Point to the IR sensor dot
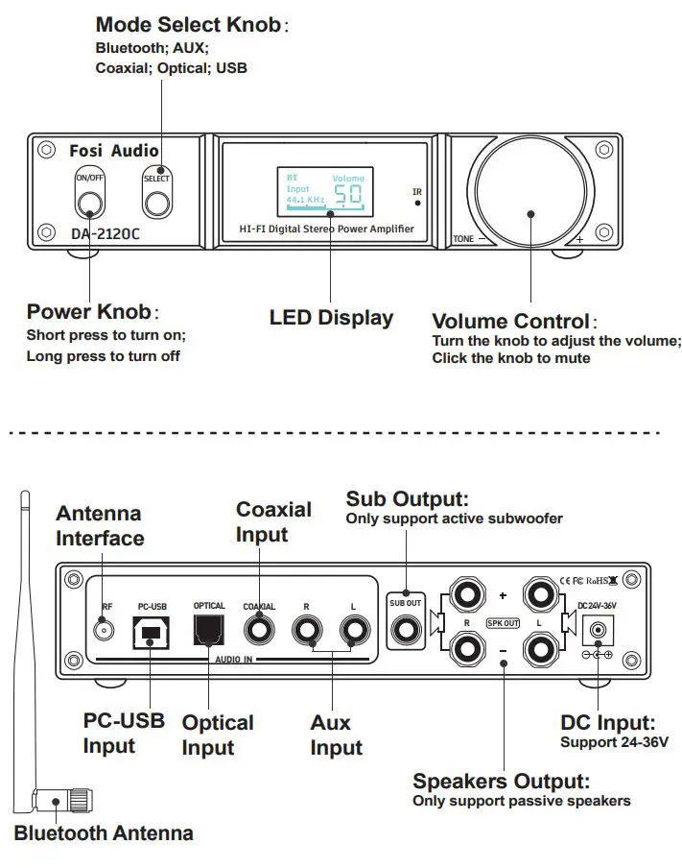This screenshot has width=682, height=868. coord(417,204)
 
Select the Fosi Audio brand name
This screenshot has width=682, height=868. coord(114,151)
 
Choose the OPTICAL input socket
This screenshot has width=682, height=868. coord(208,630)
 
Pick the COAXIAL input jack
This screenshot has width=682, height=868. coord(259,630)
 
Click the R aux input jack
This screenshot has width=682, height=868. coord(307,630)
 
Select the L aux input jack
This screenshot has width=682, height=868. coord(354,630)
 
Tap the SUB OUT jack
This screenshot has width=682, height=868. coord(405,631)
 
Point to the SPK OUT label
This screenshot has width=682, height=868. coord(504,622)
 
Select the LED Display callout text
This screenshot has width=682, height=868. coord(331,318)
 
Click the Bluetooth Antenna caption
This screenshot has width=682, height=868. coord(104,832)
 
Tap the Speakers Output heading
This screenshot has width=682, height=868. coord(501,782)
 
